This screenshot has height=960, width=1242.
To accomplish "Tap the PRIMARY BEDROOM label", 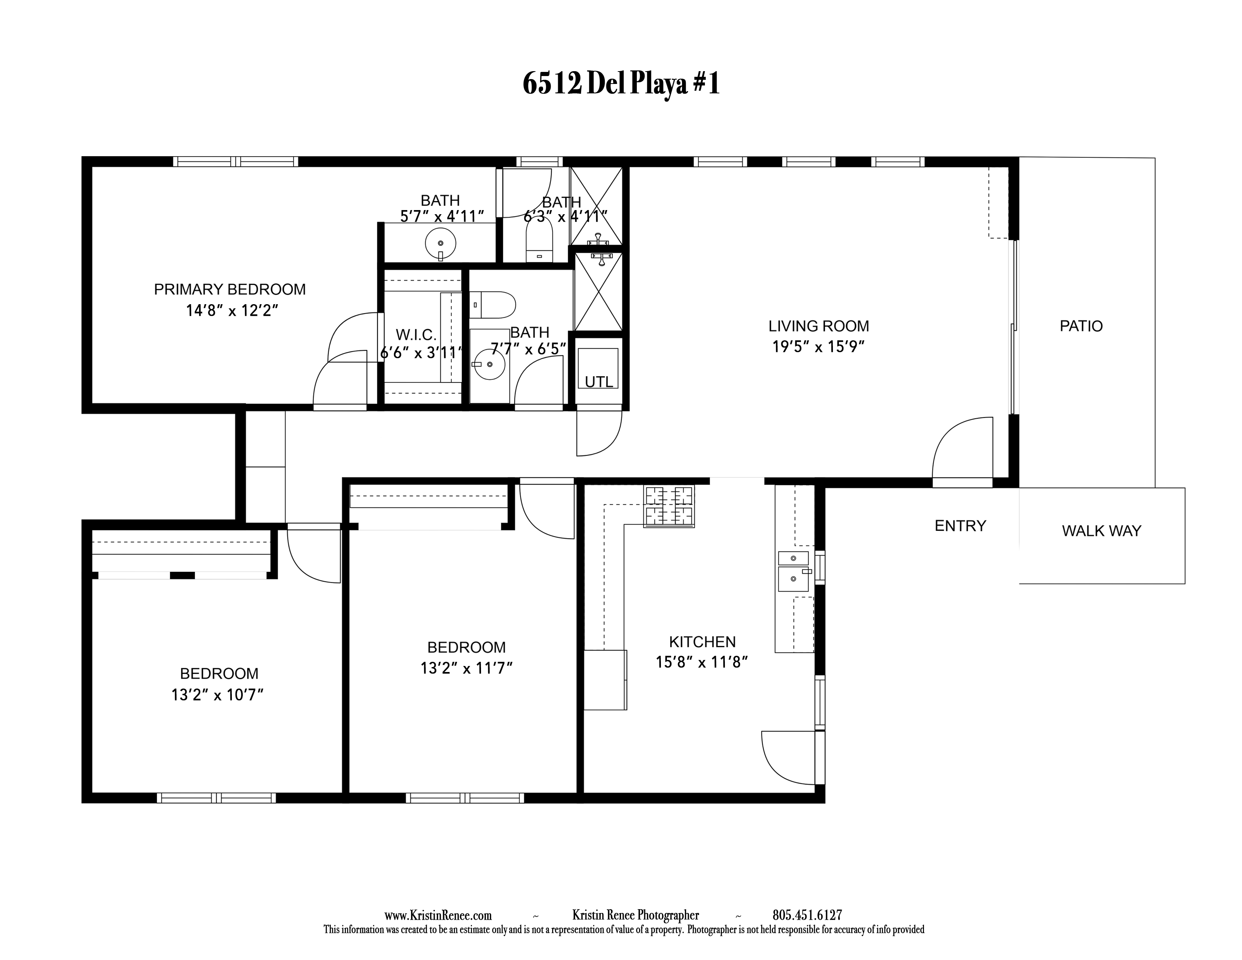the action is pyautogui.click(x=230, y=290).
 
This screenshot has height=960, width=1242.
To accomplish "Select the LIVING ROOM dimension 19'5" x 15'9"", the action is pyautogui.click(x=818, y=346).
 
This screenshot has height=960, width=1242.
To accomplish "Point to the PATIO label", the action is pyautogui.click(x=1081, y=326).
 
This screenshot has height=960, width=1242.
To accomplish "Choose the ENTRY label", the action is pyautogui.click(x=960, y=526).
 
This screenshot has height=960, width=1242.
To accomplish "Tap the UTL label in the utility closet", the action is pyautogui.click(x=599, y=382).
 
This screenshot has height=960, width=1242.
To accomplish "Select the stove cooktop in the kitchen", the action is pyautogui.click(x=669, y=507).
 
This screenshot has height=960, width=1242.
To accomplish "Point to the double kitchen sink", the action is pyautogui.click(x=794, y=571).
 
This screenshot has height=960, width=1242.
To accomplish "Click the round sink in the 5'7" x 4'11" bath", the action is pyautogui.click(x=440, y=244).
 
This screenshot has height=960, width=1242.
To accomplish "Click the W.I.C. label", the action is pyautogui.click(x=416, y=334).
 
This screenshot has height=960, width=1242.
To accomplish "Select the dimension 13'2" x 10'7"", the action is pyautogui.click(x=218, y=695).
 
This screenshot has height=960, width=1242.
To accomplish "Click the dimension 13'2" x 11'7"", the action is pyautogui.click(x=466, y=668).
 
